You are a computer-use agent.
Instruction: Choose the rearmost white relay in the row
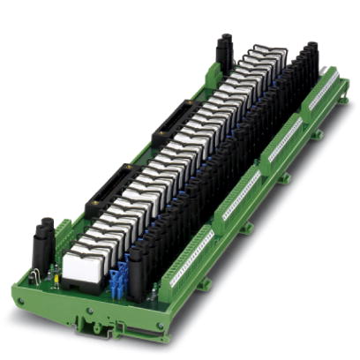(x=269, y=55)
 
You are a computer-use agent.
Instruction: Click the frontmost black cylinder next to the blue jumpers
(x=137, y=274)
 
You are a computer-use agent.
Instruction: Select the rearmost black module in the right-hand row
(x=311, y=57)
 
